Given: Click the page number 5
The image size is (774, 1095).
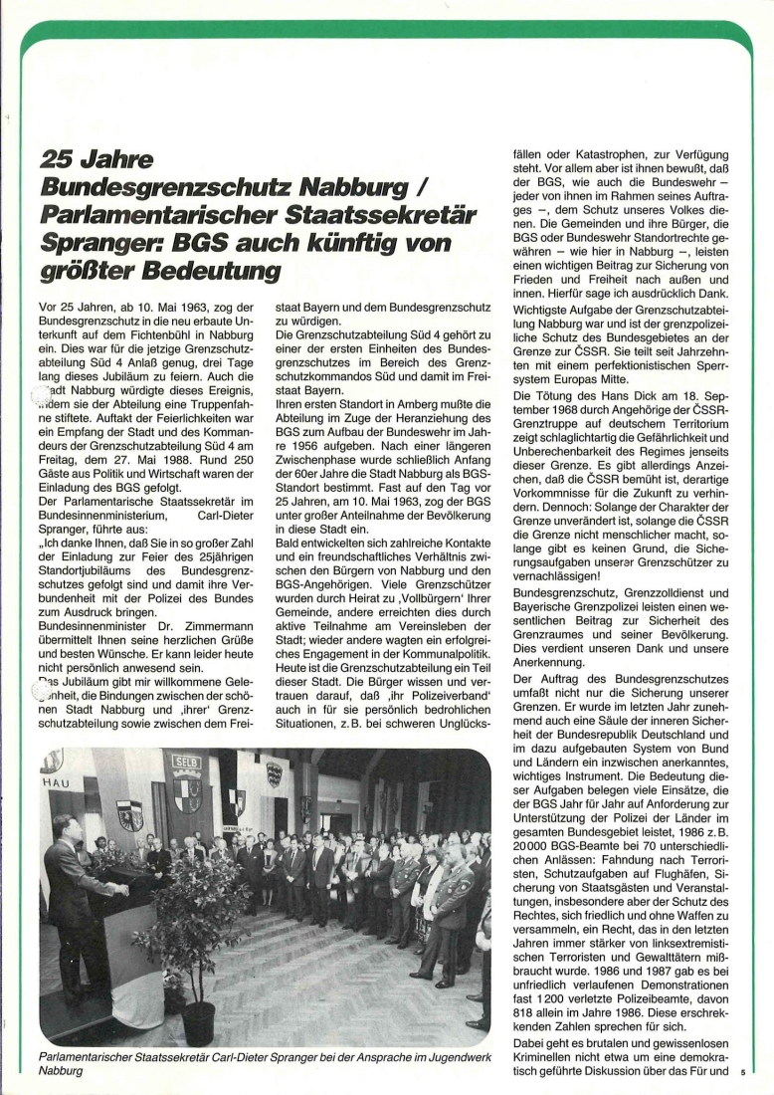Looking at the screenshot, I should click(x=742, y=1074).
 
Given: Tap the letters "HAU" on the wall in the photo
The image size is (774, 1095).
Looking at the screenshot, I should click(x=53, y=783).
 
